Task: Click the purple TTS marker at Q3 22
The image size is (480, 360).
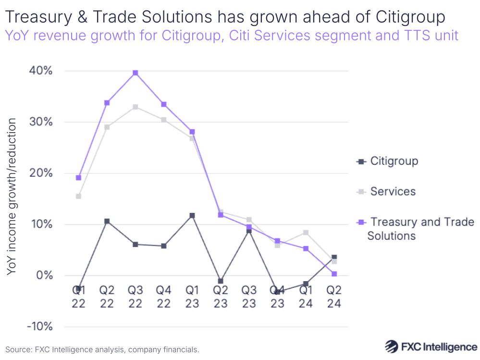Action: pyautogui.click(x=135, y=73)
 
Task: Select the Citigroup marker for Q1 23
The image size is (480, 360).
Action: pyautogui.click(x=192, y=215)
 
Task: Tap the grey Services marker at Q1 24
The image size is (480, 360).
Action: pyautogui.click(x=306, y=233)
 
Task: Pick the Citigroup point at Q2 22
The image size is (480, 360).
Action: pyautogui.click(x=107, y=221)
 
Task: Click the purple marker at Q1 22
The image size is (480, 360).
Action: pyautogui.click(x=78, y=177)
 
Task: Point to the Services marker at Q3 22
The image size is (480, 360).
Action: pyautogui.click(x=135, y=107)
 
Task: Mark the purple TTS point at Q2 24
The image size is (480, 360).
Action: pyautogui.click(x=334, y=274)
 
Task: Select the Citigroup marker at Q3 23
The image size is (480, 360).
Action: pyautogui.click(x=249, y=231)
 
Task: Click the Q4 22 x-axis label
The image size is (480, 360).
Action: pyautogui.click(x=164, y=297)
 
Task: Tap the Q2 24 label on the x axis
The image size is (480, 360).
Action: pyautogui.click(x=334, y=297)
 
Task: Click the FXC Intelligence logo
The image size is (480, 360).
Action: pyautogui.click(x=431, y=347)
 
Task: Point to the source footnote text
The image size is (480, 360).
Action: pyautogui.click(x=102, y=349)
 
